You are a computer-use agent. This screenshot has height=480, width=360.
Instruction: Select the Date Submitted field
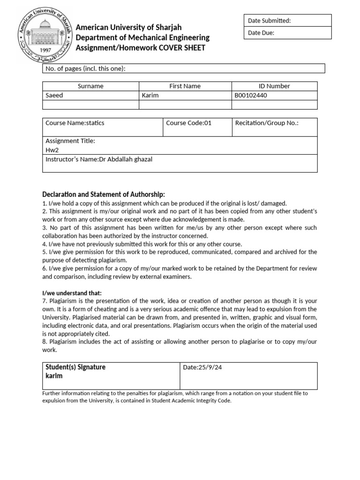click(x=287, y=21)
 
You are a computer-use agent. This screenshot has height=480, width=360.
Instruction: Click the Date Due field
click(x=287, y=33)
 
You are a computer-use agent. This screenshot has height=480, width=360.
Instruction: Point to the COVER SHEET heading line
click(x=141, y=48)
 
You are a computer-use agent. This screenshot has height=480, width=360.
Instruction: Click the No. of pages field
click(x=184, y=69)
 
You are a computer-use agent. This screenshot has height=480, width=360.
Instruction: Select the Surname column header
click(x=90, y=86)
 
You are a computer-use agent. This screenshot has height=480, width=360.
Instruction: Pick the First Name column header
click(x=185, y=86)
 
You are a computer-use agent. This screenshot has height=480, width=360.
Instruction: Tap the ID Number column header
click(x=274, y=86)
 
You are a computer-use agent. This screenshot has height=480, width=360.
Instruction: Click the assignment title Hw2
click(x=51, y=150)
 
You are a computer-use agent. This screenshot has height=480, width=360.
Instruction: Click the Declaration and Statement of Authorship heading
click(x=104, y=195)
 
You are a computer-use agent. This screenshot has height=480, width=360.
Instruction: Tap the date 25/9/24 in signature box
click(x=202, y=367)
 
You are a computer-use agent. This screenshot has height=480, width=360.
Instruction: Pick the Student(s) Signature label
click(x=75, y=367)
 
